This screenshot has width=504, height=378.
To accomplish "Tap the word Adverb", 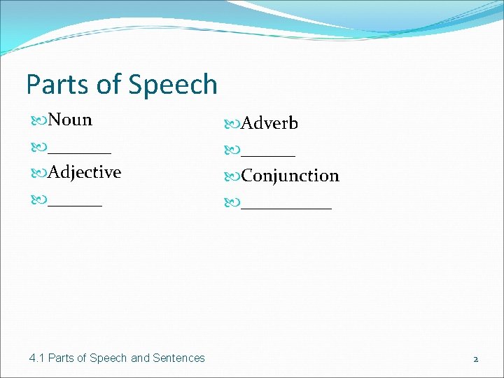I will pos(269,123).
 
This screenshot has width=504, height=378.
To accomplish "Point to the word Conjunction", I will pos(290,176).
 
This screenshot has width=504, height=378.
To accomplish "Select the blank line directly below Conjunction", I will pos(286,206).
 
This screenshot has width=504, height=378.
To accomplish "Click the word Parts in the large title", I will pos(57,85).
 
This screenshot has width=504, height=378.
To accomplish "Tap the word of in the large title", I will pos(108,85).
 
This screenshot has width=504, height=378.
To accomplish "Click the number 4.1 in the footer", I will pos(37,358).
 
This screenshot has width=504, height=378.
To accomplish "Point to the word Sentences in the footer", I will pos(179,358).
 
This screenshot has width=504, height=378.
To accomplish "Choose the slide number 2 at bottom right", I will pos(475,358).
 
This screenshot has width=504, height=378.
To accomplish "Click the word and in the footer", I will pos(140,358).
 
